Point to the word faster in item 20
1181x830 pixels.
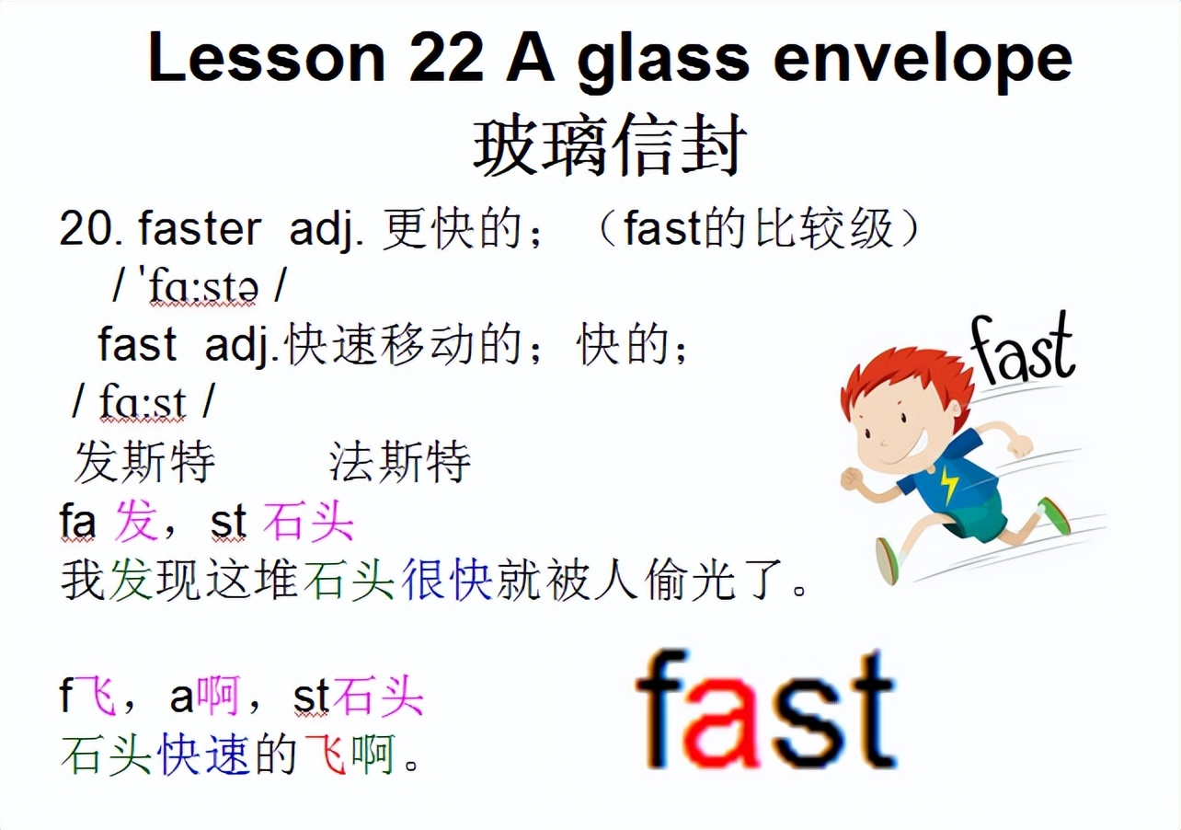click(200, 229)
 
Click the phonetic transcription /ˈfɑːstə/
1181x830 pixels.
click(199, 288)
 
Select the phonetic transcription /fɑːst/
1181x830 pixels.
click(143, 402)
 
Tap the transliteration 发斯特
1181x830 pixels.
click(144, 462)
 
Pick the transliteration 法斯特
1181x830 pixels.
click(400, 462)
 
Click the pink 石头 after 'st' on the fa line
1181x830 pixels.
click(308, 523)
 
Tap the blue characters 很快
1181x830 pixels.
click(447, 582)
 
